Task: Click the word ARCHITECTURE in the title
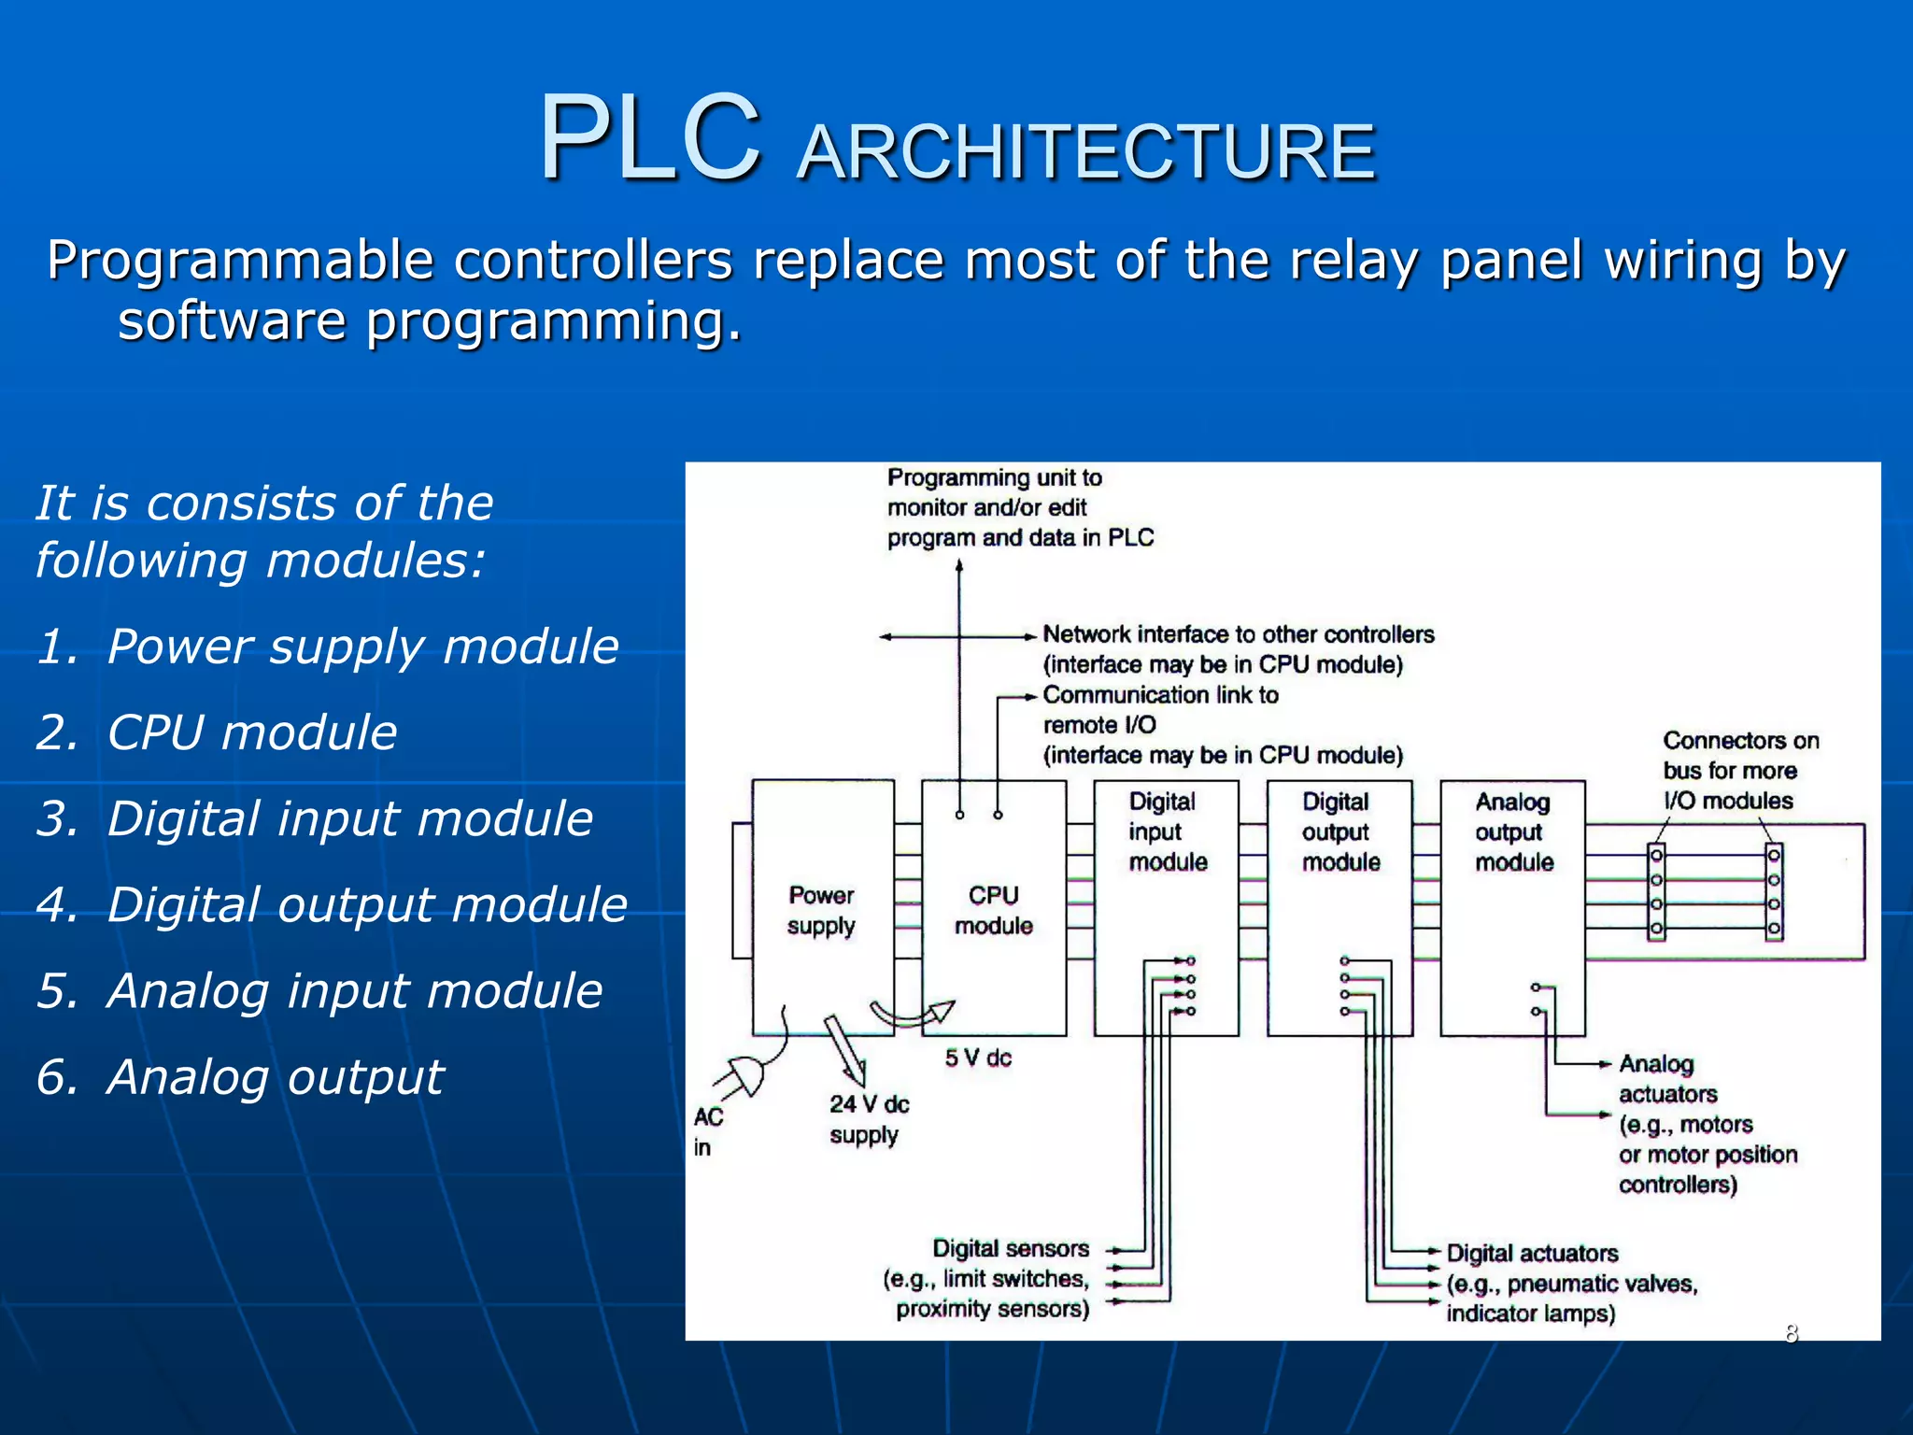click(x=1086, y=151)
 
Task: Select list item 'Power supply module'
click(x=362, y=646)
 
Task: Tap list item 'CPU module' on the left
click(x=252, y=732)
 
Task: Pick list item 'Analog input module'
click(x=355, y=990)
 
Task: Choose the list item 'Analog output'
click(x=275, y=1076)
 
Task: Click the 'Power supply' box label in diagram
click(x=821, y=910)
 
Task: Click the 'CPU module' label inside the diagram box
click(x=993, y=910)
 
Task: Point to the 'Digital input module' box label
click(x=1166, y=831)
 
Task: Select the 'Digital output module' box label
click(x=1339, y=831)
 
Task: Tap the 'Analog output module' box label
click(x=1513, y=831)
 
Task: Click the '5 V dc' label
click(x=978, y=1058)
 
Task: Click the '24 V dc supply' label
click(x=868, y=1118)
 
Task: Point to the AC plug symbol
click(x=746, y=1074)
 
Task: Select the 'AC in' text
click(x=707, y=1130)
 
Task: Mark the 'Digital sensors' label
click(x=1011, y=1248)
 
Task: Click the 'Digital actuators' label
click(x=1532, y=1253)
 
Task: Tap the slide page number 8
click(x=1791, y=1333)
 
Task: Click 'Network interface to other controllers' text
click(x=1238, y=634)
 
